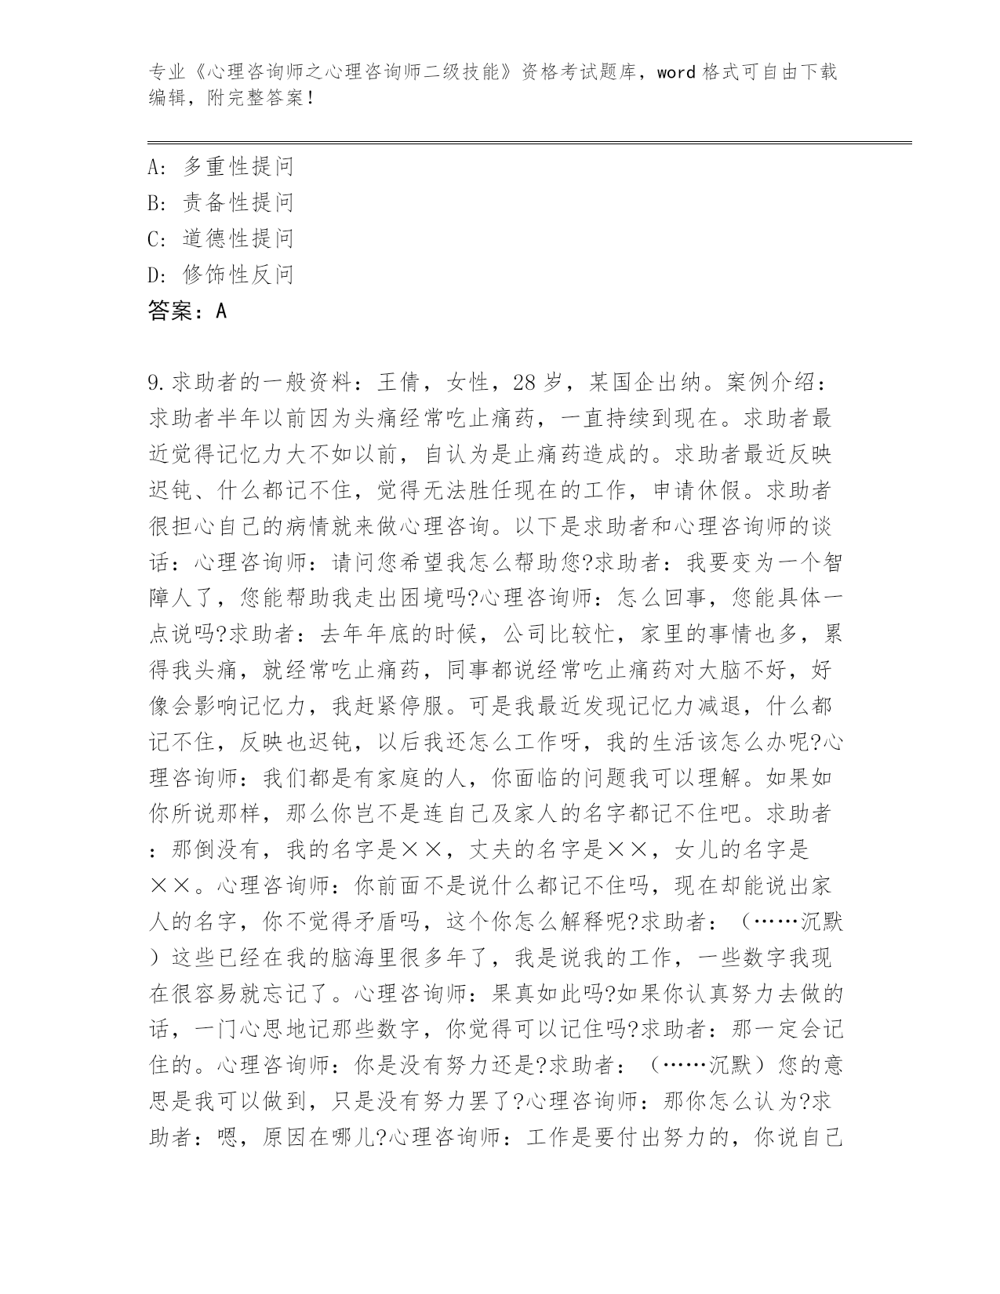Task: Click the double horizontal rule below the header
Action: (529, 142)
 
